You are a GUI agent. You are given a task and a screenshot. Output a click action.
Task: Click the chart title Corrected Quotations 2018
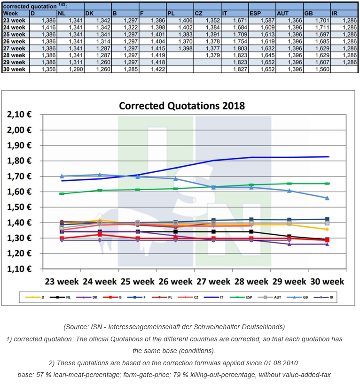pos(181,105)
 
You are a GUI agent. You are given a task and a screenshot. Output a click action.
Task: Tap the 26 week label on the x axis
pos(175,281)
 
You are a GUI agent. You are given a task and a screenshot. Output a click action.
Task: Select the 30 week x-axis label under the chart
pos(326,281)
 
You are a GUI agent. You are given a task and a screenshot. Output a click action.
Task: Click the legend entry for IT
pos(215,298)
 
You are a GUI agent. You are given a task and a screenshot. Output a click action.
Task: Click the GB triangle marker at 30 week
pos(327,198)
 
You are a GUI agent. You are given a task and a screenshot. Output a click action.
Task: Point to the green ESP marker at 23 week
pos(62,193)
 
